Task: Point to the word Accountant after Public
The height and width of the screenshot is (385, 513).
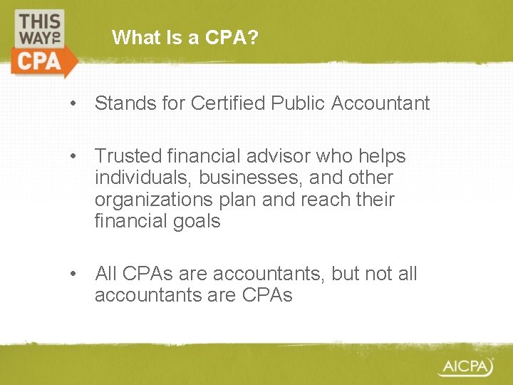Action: pyautogui.click(x=380, y=103)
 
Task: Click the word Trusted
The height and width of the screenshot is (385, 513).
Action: pyautogui.click(x=125, y=155)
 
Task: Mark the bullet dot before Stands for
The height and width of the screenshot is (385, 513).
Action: pyautogui.click(x=74, y=104)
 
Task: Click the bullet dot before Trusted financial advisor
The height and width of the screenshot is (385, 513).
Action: pyautogui.click(x=74, y=156)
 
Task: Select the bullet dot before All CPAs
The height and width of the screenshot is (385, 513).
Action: pyautogui.click(x=74, y=274)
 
